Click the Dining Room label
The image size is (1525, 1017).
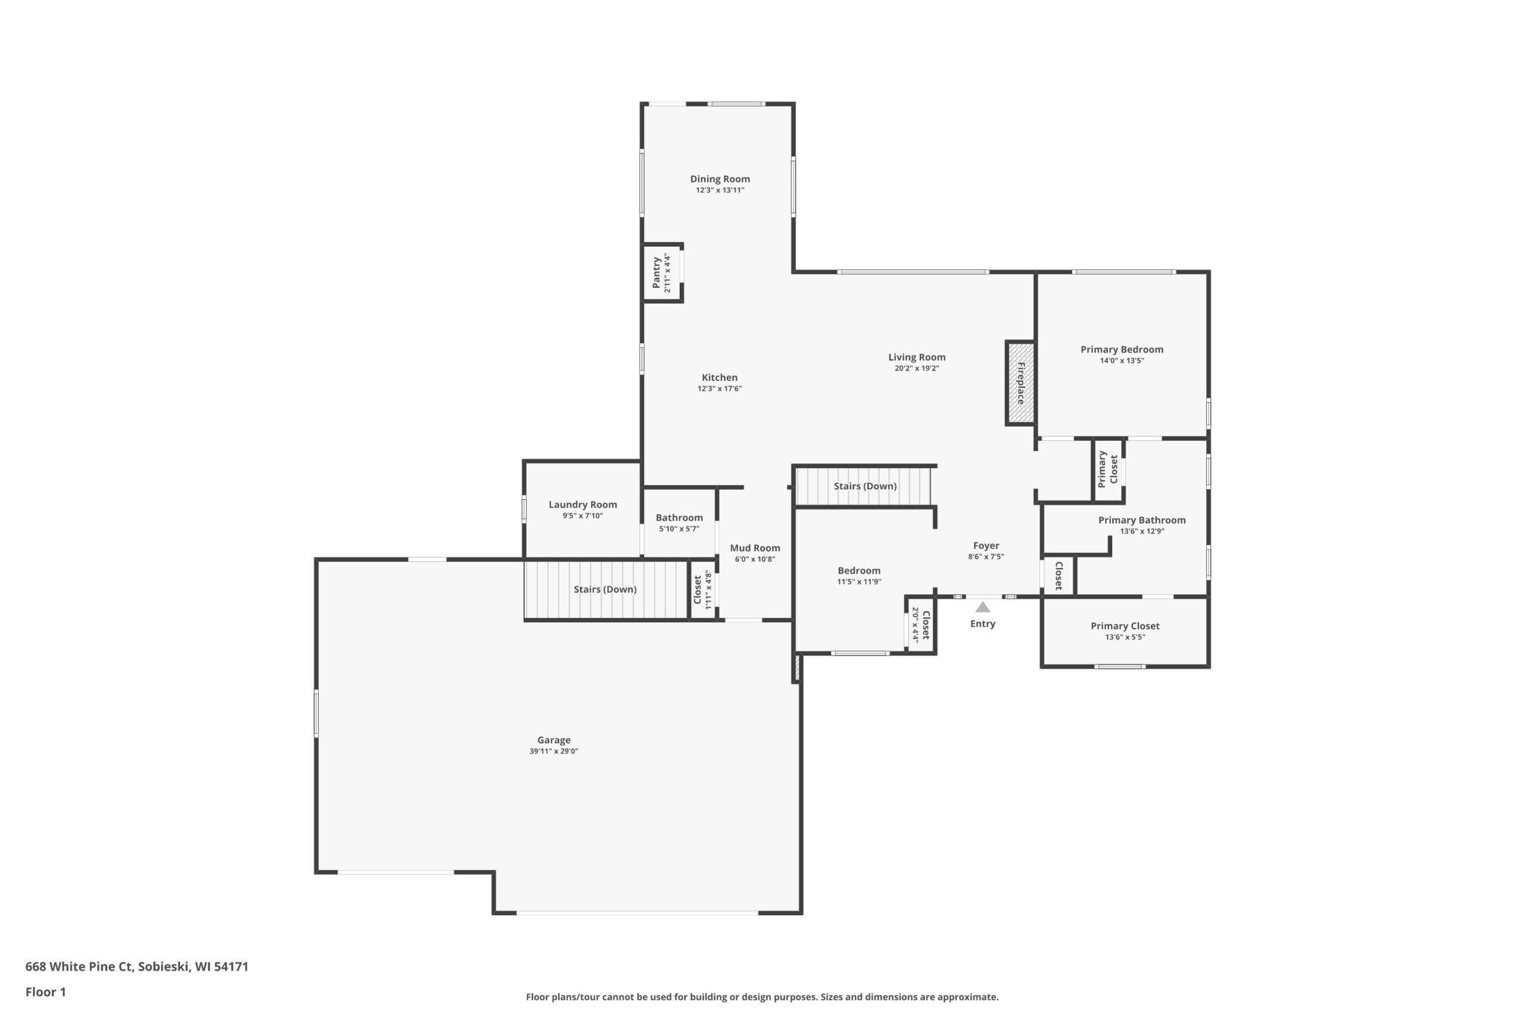[720, 179]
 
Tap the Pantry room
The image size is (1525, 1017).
[661, 273]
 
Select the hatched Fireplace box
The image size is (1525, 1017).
[1020, 382]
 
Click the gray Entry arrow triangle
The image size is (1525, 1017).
[983, 607]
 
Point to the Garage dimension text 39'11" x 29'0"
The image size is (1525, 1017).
[554, 751]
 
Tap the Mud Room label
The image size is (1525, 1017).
[755, 548]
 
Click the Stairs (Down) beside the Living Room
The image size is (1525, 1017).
[865, 486]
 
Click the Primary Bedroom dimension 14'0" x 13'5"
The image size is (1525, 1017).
[1122, 360]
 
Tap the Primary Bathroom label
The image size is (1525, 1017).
[1142, 520]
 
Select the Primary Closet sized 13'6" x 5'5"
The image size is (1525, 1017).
[1125, 631]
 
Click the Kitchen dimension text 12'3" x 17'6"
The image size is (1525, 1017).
[720, 388]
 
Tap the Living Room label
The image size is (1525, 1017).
[917, 357]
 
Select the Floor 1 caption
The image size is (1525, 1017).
[45, 992]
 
